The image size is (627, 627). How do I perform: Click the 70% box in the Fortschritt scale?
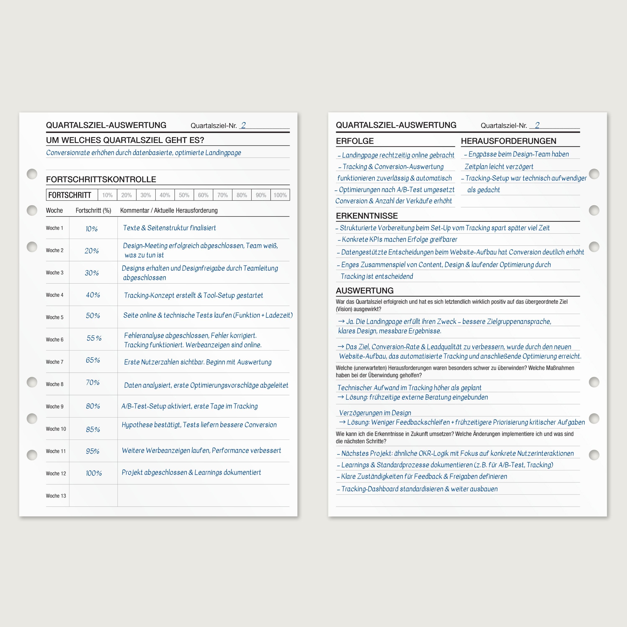(222, 195)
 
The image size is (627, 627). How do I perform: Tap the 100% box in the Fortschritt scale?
(280, 195)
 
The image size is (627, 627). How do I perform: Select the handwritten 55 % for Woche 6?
(94, 338)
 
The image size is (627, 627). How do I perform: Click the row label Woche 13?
(56, 496)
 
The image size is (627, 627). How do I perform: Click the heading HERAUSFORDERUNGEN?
(508, 141)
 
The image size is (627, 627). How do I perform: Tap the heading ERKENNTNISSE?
(367, 216)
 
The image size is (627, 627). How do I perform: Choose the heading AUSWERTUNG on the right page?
(364, 291)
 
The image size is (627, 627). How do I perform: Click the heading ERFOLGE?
(355, 141)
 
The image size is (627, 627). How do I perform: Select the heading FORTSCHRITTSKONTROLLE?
(101, 180)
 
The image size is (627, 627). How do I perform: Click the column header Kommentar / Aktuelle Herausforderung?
(169, 210)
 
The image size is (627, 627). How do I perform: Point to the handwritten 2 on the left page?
(243, 125)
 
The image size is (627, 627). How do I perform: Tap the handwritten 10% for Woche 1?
(92, 229)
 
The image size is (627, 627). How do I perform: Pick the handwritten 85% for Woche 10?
(93, 429)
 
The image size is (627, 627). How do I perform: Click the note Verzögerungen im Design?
(375, 413)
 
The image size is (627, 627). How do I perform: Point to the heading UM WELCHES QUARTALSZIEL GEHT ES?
(125, 140)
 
